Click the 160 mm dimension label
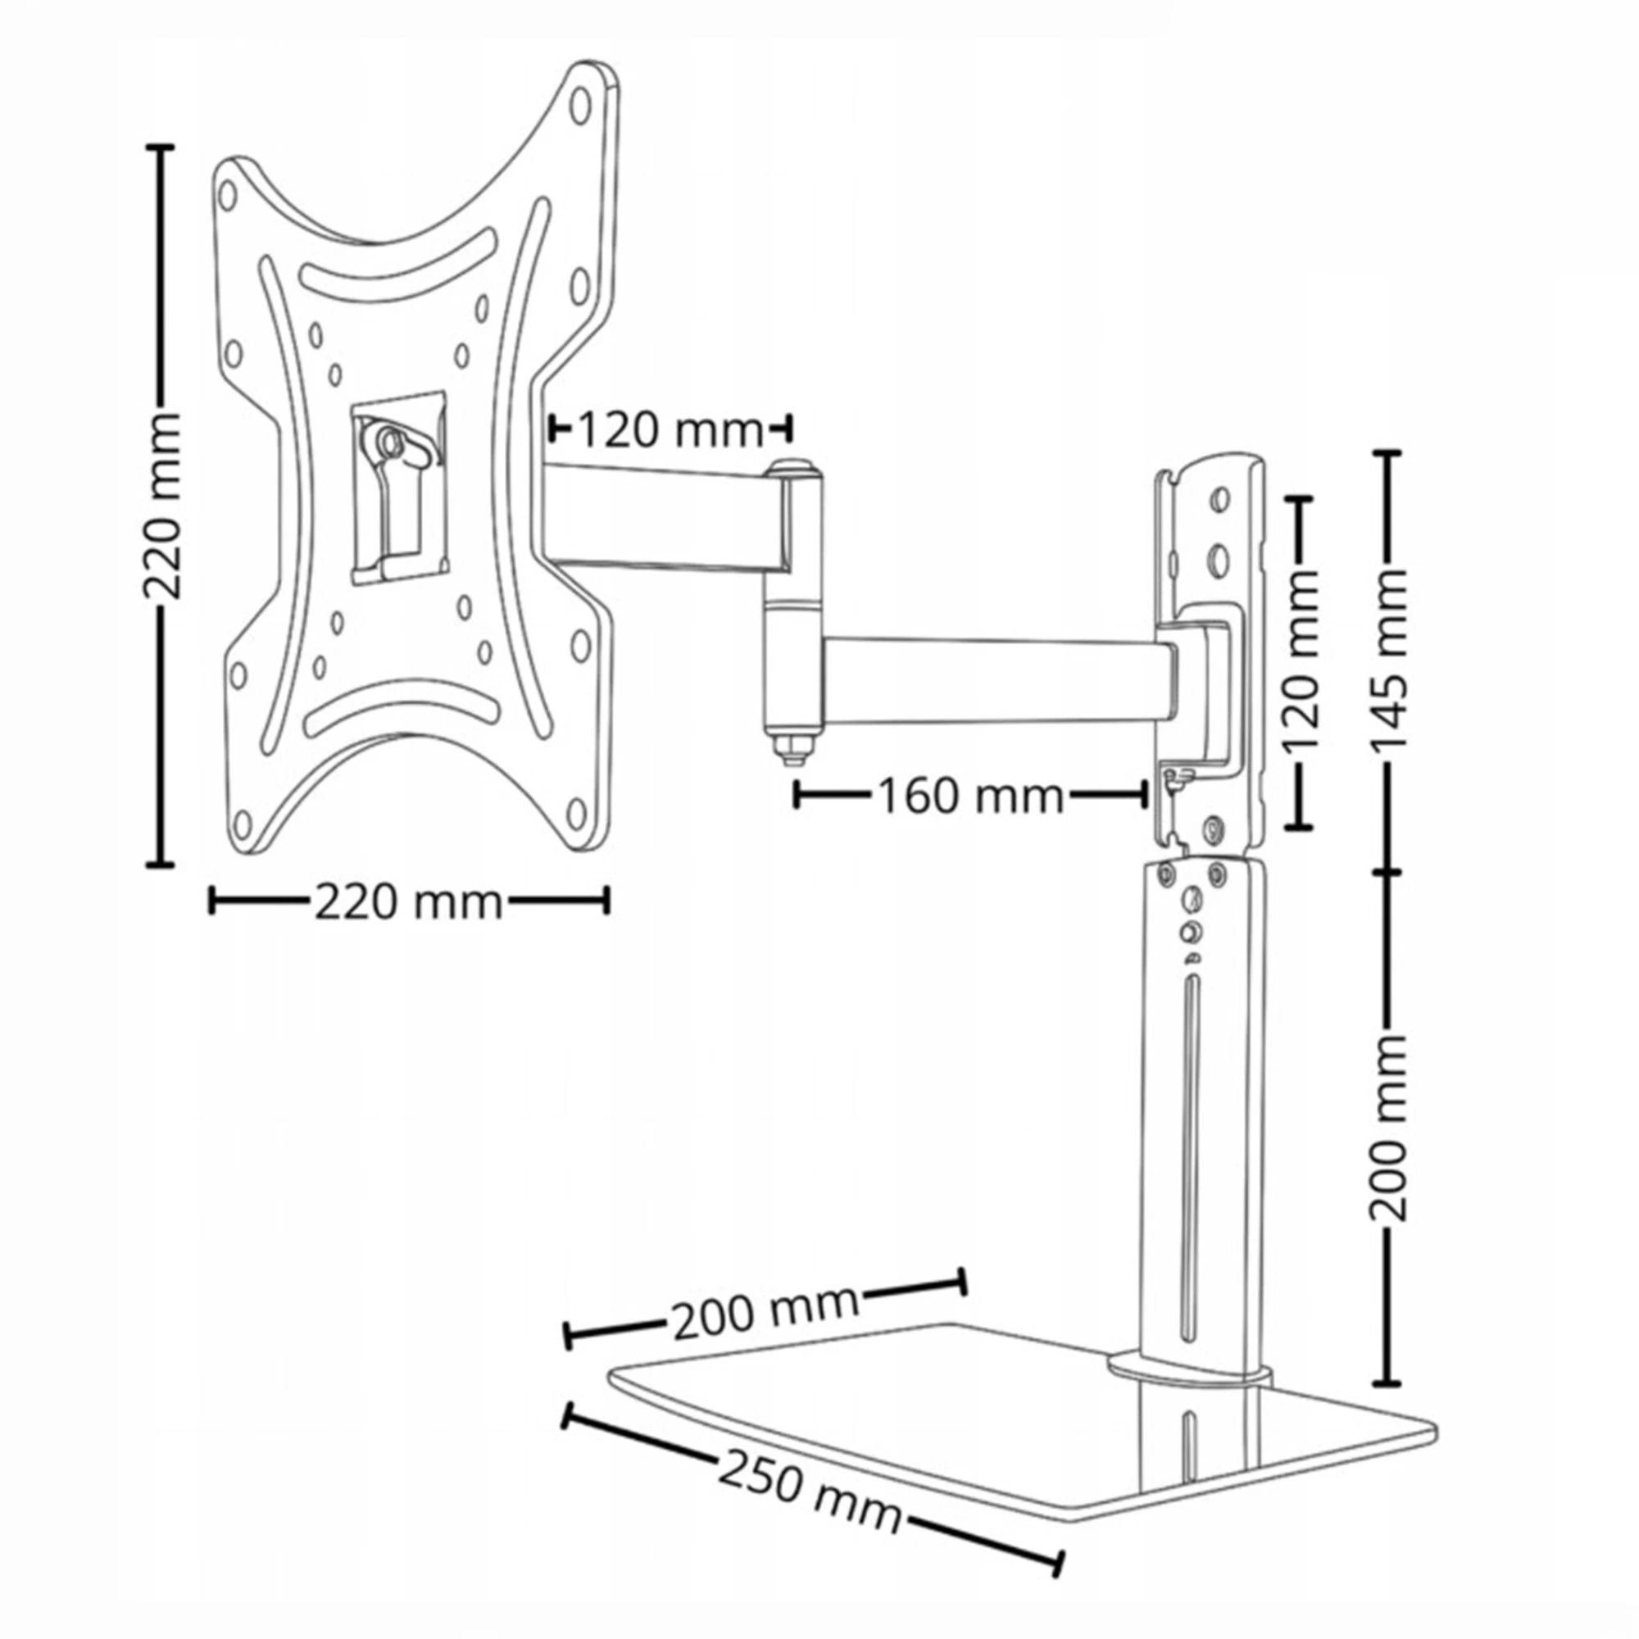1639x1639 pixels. pos(969,796)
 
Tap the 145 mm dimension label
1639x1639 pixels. pos(1389,658)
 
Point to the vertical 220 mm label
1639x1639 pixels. pos(161,506)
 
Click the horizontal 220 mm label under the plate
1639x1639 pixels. pos(409,901)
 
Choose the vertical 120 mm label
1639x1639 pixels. pos(1300,661)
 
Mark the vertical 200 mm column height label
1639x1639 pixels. pos(1389,1128)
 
